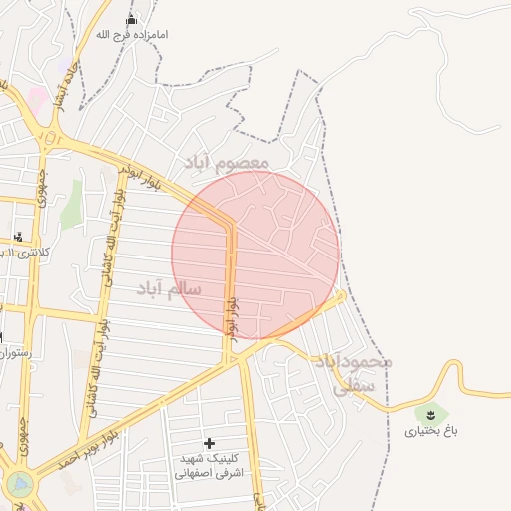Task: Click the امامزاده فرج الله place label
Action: pyautogui.click(x=132, y=35)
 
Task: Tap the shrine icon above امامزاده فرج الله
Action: pyautogui.click(x=131, y=20)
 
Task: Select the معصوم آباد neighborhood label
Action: pyautogui.click(x=227, y=161)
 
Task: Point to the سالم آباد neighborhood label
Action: pyautogui.click(x=169, y=288)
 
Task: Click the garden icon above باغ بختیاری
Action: pyautogui.click(x=431, y=414)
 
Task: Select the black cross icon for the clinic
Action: pyautogui.click(x=209, y=443)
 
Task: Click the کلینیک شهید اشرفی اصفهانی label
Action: pyautogui.click(x=209, y=466)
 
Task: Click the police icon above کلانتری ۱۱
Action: pyautogui.click(x=18, y=237)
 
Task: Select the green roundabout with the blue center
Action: pyautogui.click(x=19, y=485)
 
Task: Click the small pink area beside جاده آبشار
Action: pyautogui.click(x=37, y=99)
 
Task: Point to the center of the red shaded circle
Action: pyautogui.click(x=255, y=255)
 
